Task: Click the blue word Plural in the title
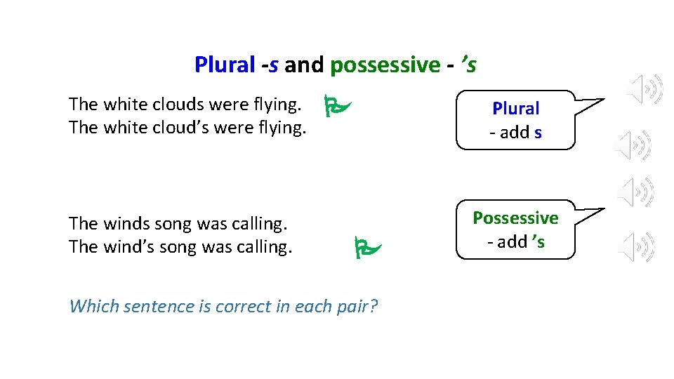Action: [224, 65]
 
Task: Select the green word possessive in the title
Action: [385, 65]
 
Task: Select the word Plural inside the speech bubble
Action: [515, 109]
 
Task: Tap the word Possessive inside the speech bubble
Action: [515, 218]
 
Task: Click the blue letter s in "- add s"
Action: [538, 133]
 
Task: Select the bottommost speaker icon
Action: [637, 246]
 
